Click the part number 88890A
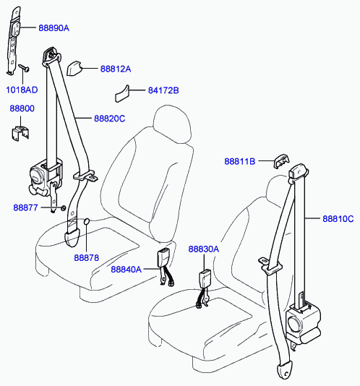point(54,28)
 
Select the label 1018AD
point(22,90)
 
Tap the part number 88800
point(22,108)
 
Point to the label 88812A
point(116,69)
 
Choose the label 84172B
point(163,90)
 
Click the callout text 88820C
point(110,119)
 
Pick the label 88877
point(25,207)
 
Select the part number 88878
point(87,258)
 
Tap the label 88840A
point(126,270)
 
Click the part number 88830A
point(204,249)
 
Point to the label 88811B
point(239,161)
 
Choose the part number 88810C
point(338,218)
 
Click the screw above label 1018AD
point(24,68)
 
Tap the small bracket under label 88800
point(20,133)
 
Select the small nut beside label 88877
point(64,208)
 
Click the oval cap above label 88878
point(87,221)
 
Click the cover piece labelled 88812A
point(74,68)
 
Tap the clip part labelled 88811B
point(282,161)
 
